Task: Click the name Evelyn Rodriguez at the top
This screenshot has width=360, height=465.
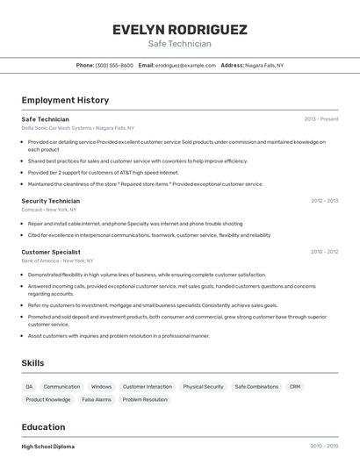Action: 179,29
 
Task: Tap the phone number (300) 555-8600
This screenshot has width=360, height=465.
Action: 114,65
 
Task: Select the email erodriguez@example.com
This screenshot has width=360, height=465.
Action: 185,65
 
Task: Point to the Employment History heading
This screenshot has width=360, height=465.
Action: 65,100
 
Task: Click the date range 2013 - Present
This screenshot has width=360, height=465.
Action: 320,118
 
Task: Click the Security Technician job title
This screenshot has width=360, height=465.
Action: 50,201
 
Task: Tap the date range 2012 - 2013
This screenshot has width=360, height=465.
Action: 324,201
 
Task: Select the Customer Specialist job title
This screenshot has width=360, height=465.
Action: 51,252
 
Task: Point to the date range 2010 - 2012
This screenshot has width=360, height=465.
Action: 324,252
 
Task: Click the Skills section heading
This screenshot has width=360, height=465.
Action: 32,362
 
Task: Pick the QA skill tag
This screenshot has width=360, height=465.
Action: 29,386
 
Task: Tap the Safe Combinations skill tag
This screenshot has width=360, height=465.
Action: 256,386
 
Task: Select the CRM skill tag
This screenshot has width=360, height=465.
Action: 295,386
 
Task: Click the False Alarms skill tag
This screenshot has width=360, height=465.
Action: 97,399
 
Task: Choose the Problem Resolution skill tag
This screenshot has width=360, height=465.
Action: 145,399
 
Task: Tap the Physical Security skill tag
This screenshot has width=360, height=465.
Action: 203,386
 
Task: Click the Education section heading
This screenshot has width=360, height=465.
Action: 43,427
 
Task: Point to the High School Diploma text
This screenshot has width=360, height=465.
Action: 48,447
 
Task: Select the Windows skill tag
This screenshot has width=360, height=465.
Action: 101,386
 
